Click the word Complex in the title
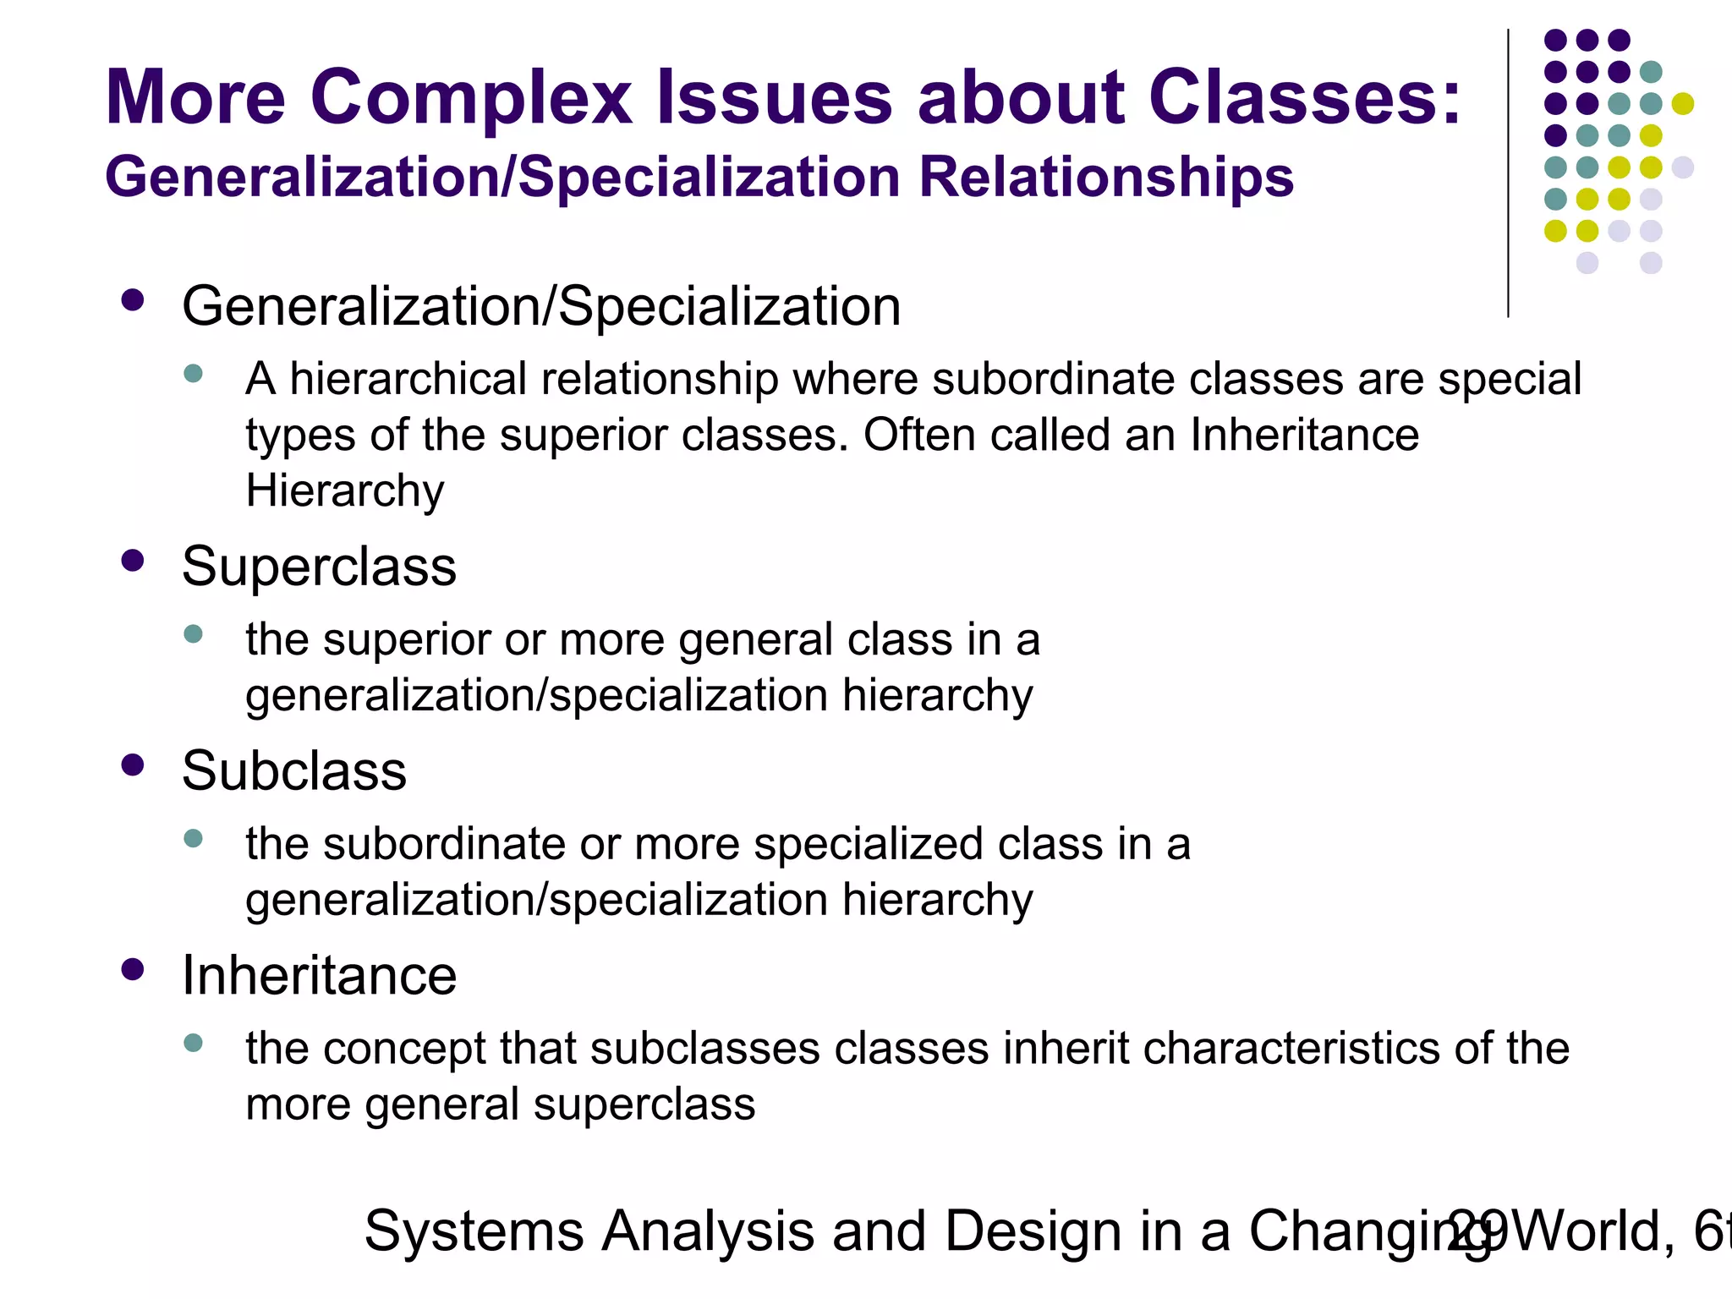(470, 99)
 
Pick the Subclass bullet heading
(293, 770)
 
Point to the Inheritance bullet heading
(319, 975)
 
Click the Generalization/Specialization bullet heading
(541, 306)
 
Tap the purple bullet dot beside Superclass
(133, 561)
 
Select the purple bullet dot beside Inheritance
(133, 969)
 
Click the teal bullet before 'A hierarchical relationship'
(193, 374)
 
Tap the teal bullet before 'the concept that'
(193, 1043)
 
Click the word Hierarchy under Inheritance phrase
(344, 491)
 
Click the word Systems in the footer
(474, 1231)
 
